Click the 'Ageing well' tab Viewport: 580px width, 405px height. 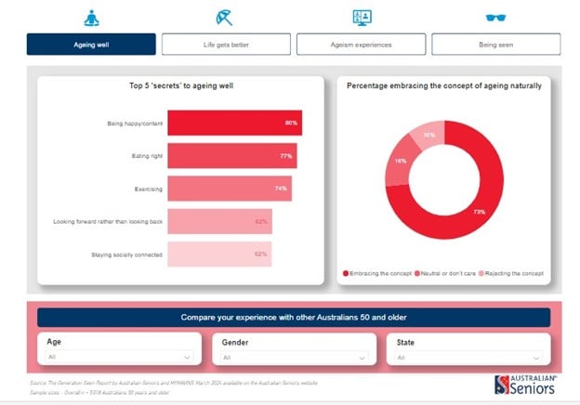pos(91,45)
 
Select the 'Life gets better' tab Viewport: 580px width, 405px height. pos(226,45)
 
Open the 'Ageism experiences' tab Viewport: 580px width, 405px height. pos(361,45)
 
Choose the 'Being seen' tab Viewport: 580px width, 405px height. pos(496,45)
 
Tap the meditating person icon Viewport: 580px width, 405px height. pos(91,17)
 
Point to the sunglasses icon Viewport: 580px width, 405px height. pos(496,17)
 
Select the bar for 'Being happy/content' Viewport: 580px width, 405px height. pos(233,124)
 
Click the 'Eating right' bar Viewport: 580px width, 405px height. pos(231,156)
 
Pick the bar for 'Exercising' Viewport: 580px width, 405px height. pos(229,189)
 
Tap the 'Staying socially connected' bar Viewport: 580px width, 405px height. pos(219,254)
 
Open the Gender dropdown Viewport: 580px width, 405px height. pos(292,356)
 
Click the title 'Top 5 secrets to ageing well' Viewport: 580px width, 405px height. pos(181,86)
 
